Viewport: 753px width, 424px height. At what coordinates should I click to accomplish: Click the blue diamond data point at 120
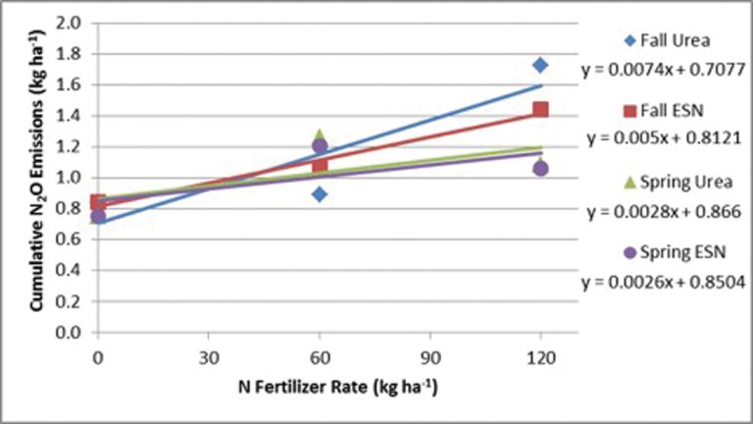pyautogui.click(x=540, y=65)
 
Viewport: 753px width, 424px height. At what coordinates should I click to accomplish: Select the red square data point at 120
pyautogui.click(x=540, y=109)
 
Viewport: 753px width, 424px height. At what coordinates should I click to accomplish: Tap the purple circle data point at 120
pyautogui.click(x=540, y=169)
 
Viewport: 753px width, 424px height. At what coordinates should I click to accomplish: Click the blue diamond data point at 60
pyautogui.click(x=319, y=194)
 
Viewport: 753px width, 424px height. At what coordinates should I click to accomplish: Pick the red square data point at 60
pyautogui.click(x=319, y=165)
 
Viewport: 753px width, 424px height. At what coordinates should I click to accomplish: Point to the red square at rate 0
pyautogui.click(x=97, y=202)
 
